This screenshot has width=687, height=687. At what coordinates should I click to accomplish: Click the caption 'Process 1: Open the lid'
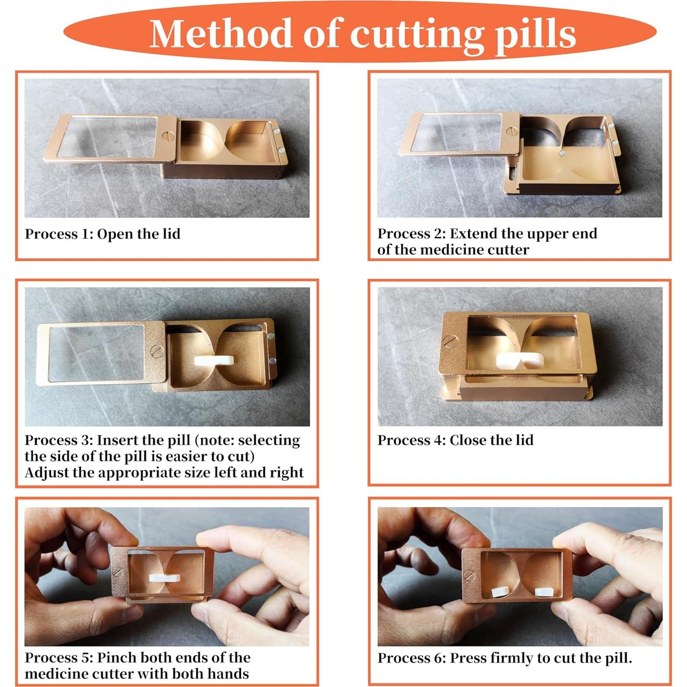coord(102,234)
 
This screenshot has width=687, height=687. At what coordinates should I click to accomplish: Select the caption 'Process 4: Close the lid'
coord(455,440)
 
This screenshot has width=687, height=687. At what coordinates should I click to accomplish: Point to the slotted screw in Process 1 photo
coord(166,136)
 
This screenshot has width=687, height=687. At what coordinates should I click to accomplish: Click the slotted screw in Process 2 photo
coord(512,132)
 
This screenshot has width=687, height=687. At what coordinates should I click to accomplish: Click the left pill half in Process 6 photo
coord(499,592)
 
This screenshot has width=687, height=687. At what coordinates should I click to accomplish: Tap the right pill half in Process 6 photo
coord(544,592)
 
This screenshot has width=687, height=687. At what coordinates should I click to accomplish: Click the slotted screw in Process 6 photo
coord(469,574)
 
